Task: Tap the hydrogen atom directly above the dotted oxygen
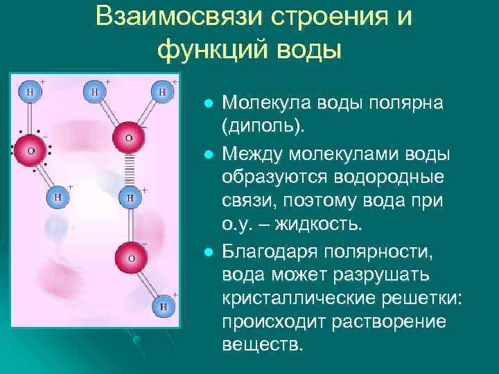30,91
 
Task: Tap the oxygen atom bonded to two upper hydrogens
130,137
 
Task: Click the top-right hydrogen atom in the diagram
163,91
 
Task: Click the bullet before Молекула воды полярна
207,103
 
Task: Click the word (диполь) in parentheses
263,127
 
